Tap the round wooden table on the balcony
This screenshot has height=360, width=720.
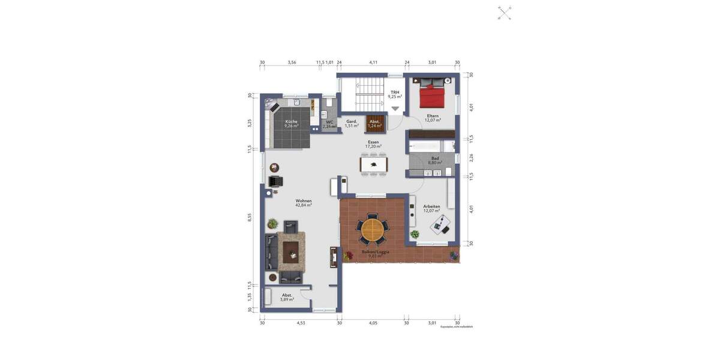[x=373, y=229]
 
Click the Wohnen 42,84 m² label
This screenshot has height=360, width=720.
[x=304, y=203]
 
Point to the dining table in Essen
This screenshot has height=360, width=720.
[x=373, y=164]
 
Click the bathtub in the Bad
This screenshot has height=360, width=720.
[x=425, y=146]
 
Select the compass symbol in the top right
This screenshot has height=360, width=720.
[x=505, y=13]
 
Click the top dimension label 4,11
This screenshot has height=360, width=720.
[x=373, y=62]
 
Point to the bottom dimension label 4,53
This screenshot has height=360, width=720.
[x=301, y=323]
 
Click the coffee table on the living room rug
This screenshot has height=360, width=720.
[x=292, y=254]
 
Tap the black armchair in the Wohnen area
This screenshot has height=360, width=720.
[x=275, y=181]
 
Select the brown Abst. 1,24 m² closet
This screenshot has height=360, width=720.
[x=374, y=124]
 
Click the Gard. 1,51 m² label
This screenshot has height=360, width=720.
[x=352, y=124]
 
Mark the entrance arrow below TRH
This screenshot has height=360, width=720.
[x=395, y=109]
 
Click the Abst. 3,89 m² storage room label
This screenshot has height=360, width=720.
[x=287, y=296]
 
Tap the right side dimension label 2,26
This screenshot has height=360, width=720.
[x=471, y=157]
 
